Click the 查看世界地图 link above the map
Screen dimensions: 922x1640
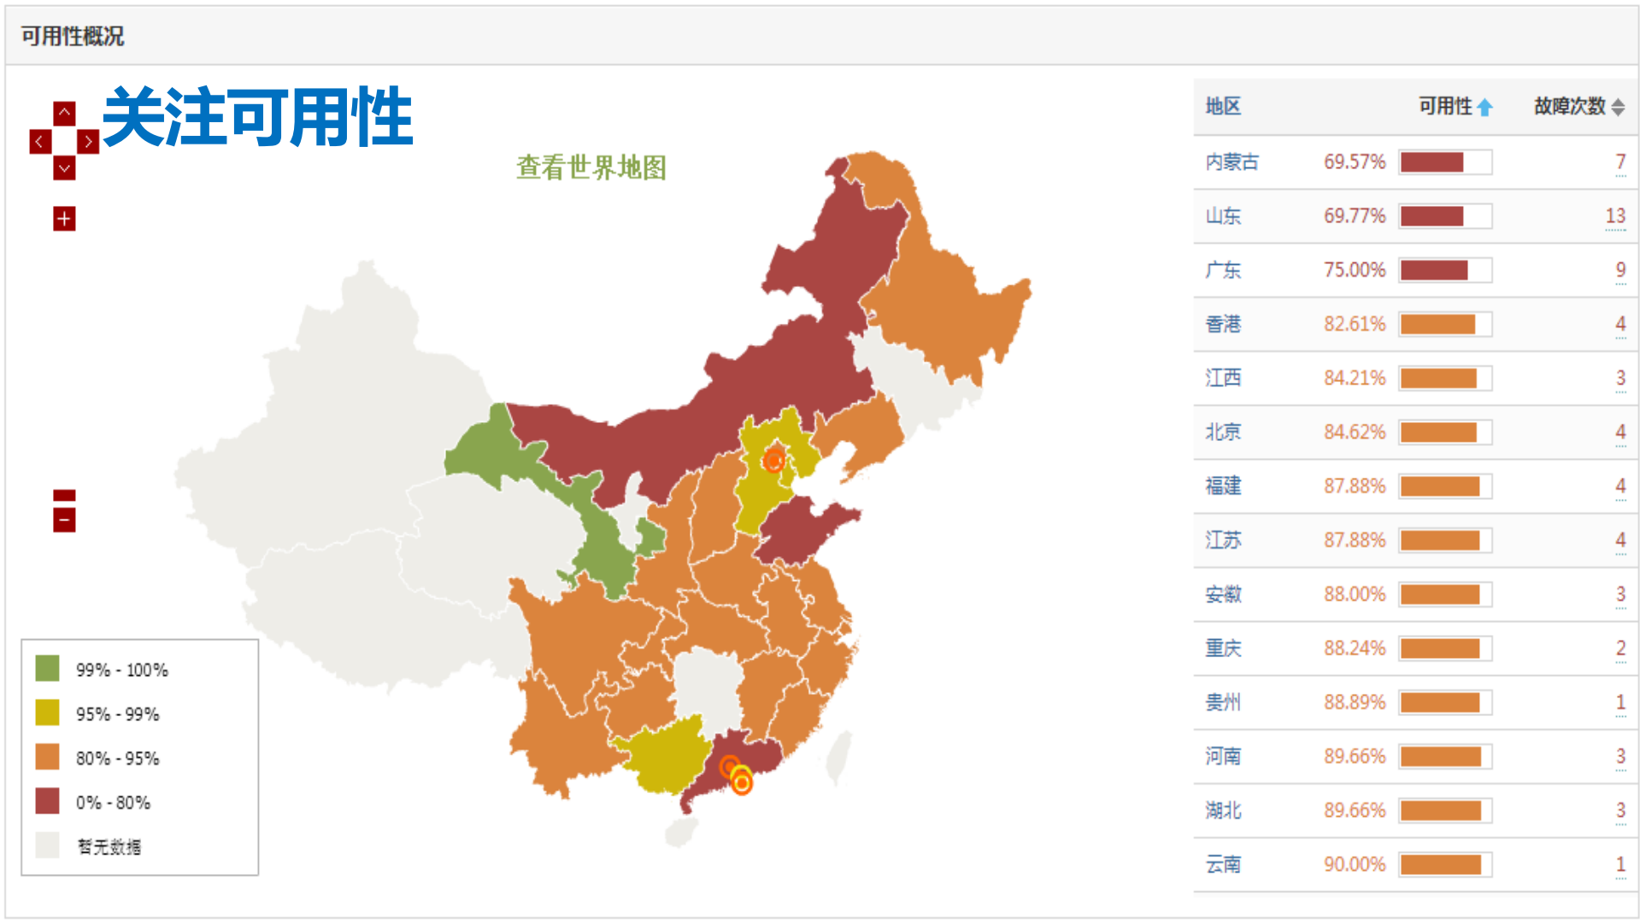click(x=591, y=167)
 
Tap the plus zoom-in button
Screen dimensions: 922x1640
click(x=64, y=219)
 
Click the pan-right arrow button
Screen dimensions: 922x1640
click(x=88, y=141)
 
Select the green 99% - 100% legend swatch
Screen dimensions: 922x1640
click(x=47, y=668)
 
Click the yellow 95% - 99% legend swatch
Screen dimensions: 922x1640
click(x=47, y=713)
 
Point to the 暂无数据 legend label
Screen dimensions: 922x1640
click(x=109, y=847)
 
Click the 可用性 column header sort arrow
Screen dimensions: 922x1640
click(x=1484, y=107)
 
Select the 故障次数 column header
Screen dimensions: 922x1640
click(x=1570, y=106)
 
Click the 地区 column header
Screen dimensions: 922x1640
click(x=1223, y=106)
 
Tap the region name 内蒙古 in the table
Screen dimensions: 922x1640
click(x=1231, y=161)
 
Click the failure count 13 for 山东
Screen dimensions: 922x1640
click(x=1614, y=216)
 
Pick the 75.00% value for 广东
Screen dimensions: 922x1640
click(x=1354, y=270)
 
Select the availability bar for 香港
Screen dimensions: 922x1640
click(x=1444, y=325)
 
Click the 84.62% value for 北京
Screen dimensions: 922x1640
click(x=1354, y=432)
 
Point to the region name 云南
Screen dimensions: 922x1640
click(x=1223, y=864)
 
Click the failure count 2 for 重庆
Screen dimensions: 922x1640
click(x=1619, y=648)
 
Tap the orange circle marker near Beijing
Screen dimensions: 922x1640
click(x=773, y=461)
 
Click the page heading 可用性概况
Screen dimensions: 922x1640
click(x=73, y=36)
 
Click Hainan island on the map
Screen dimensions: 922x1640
click(x=681, y=831)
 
